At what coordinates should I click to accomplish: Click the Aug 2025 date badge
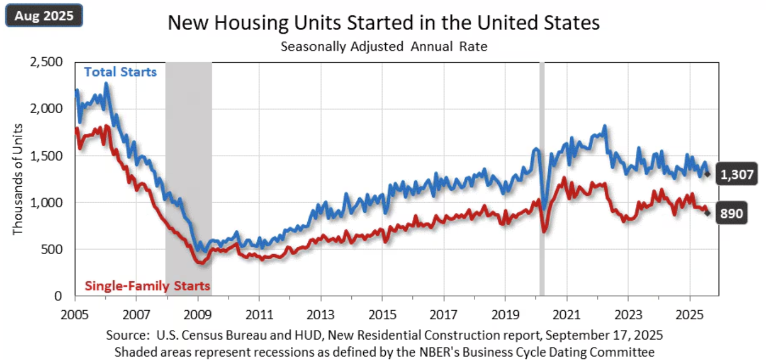coord(44,15)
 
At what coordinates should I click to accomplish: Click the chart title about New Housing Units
coord(384,23)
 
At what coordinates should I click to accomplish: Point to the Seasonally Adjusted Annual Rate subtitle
coord(384,46)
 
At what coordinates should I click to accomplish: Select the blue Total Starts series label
coord(120,72)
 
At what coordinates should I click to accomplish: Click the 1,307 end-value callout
coord(736,174)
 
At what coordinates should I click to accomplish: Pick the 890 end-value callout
coord(730,213)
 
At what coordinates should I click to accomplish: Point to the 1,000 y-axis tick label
coord(45,202)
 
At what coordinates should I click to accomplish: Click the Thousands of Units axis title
coord(19,178)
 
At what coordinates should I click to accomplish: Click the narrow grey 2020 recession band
coord(541,170)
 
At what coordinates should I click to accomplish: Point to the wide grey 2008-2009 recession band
coord(188,142)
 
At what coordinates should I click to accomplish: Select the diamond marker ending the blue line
coord(707,174)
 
